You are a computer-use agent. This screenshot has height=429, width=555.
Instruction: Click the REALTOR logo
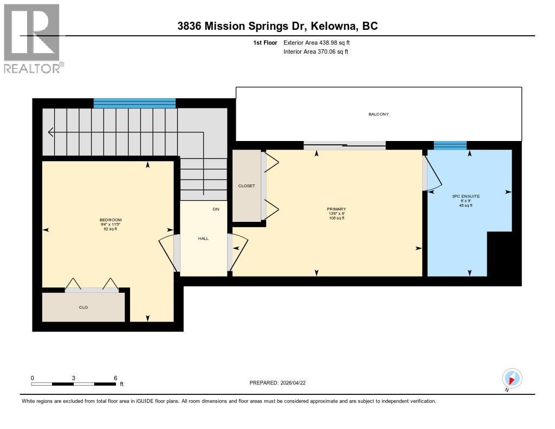pyautogui.click(x=33, y=38)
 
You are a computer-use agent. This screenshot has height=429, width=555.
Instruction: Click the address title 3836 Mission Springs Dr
pyautogui.click(x=277, y=25)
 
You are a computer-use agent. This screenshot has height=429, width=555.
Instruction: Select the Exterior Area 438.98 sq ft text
pyautogui.click(x=320, y=42)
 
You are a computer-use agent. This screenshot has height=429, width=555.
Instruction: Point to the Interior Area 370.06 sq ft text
pyautogui.click(x=315, y=52)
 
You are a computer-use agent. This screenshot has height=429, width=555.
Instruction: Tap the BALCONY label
pyautogui.click(x=378, y=114)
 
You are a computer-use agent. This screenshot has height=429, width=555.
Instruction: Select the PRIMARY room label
pyautogui.click(x=336, y=209)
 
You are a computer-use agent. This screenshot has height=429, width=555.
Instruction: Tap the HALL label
pyautogui.click(x=203, y=238)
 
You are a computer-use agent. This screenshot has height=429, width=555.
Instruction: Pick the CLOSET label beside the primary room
pyautogui.click(x=246, y=186)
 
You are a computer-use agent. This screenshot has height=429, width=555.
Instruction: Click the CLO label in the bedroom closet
pyautogui.click(x=83, y=308)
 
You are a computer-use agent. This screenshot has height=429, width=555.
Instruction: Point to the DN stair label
pyautogui.click(x=216, y=209)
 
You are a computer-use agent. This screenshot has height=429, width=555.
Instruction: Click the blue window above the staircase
pyautogui.click(x=134, y=103)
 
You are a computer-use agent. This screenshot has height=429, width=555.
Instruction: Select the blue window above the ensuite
pyautogui.click(x=450, y=145)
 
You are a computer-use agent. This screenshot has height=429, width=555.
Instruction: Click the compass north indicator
pyautogui.click(x=512, y=378)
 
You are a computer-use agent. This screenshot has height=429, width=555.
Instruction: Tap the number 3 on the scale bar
pyautogui.click(x=73, y=378)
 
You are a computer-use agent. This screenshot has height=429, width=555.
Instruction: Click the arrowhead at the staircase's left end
pyautogui.click(x=50, y=132)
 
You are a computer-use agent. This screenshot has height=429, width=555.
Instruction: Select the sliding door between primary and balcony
pyautogui.click(x=344, y=145)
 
